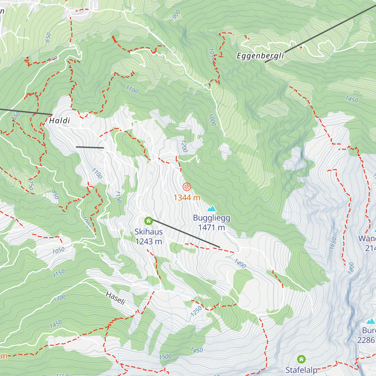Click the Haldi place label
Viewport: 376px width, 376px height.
pos(60,121)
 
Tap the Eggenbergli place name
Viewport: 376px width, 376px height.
pos(260,56)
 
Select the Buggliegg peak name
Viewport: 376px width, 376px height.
pos(211,218)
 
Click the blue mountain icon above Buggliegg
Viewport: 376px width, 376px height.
pos(212,209)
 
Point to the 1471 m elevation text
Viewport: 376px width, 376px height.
pos(211,228)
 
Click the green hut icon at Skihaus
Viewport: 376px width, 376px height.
pos(149,221)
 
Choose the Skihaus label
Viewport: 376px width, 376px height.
pos(149,232)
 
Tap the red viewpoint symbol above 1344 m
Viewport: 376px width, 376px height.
pos(187,187)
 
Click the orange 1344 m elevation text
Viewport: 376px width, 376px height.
pos(187,198)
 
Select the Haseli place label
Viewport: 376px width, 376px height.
pos(116,298)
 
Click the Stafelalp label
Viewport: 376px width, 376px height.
pos(301,370)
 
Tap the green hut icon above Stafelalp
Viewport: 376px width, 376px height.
pos(301,359)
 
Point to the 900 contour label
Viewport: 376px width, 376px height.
pos(176,15)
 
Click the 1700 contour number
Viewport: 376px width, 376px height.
pos(132,90)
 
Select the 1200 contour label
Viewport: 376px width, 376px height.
pos(184,146)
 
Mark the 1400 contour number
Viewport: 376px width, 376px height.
pos(240,264)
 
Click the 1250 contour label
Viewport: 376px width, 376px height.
pos(196,311)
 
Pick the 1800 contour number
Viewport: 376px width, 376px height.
pos(351,268)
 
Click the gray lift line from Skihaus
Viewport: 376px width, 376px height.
pos(186,234)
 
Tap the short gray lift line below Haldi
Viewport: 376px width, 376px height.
pos(90,147)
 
